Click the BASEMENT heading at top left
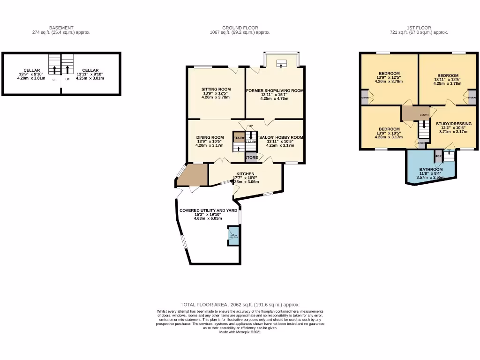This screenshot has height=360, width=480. (61, 28)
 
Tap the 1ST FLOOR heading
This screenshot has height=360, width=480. (419, 28)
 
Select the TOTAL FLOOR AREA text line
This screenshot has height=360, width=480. (240, 304)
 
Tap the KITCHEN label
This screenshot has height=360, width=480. (245, 174)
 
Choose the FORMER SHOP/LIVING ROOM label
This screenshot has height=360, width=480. (275, 90)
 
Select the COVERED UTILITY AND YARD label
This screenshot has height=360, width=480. (208, 210)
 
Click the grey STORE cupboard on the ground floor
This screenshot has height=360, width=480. (251, 157)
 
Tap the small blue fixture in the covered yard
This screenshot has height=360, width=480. (232, 235)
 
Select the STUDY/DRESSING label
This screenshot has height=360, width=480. (454, 124)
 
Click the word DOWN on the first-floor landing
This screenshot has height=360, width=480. (424, 115)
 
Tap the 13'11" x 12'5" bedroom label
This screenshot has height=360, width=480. (448, 75)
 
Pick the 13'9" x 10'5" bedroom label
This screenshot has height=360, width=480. (389, 129)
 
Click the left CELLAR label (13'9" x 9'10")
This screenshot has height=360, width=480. (31, 70)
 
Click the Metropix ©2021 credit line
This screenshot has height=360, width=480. (240, 332)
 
